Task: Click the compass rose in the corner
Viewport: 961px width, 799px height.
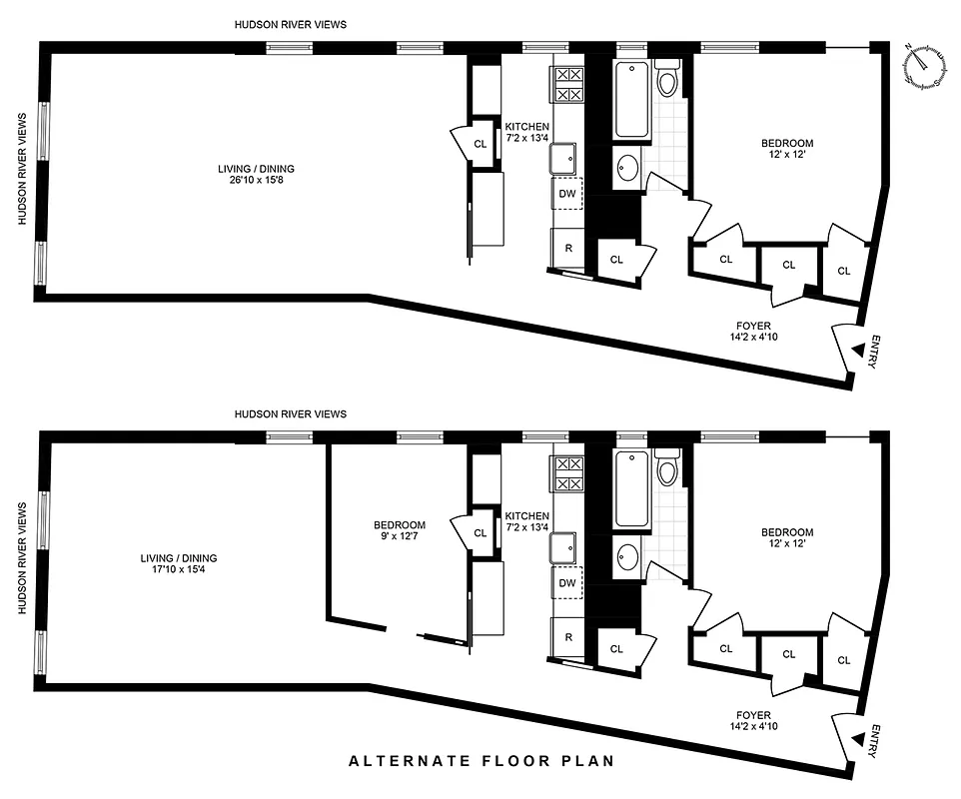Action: [926, 65]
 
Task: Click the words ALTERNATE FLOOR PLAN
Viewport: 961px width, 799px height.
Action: [480, 761]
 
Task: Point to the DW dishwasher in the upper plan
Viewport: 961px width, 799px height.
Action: [567, 194]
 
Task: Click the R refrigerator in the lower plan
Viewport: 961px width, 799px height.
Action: [567, 636]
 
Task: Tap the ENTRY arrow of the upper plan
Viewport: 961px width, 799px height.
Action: [858, 351]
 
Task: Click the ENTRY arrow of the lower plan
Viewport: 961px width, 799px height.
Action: [858, 739]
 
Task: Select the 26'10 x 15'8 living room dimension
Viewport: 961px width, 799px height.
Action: [257, 182]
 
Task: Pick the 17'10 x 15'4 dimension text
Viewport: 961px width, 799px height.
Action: [179, 570]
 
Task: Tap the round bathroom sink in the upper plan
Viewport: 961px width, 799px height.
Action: [628, 167]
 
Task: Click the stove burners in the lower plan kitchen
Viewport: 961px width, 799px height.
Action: [568, 473]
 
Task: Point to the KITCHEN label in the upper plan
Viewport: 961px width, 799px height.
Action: [526, 126]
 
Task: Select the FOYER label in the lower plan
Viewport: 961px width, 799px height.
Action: [753, 715]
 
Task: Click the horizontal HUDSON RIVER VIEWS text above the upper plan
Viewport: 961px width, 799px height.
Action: [291, 24]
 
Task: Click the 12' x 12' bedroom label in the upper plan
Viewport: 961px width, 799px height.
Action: [787, 155]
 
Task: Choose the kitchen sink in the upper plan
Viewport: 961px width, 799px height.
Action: [563, 158]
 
